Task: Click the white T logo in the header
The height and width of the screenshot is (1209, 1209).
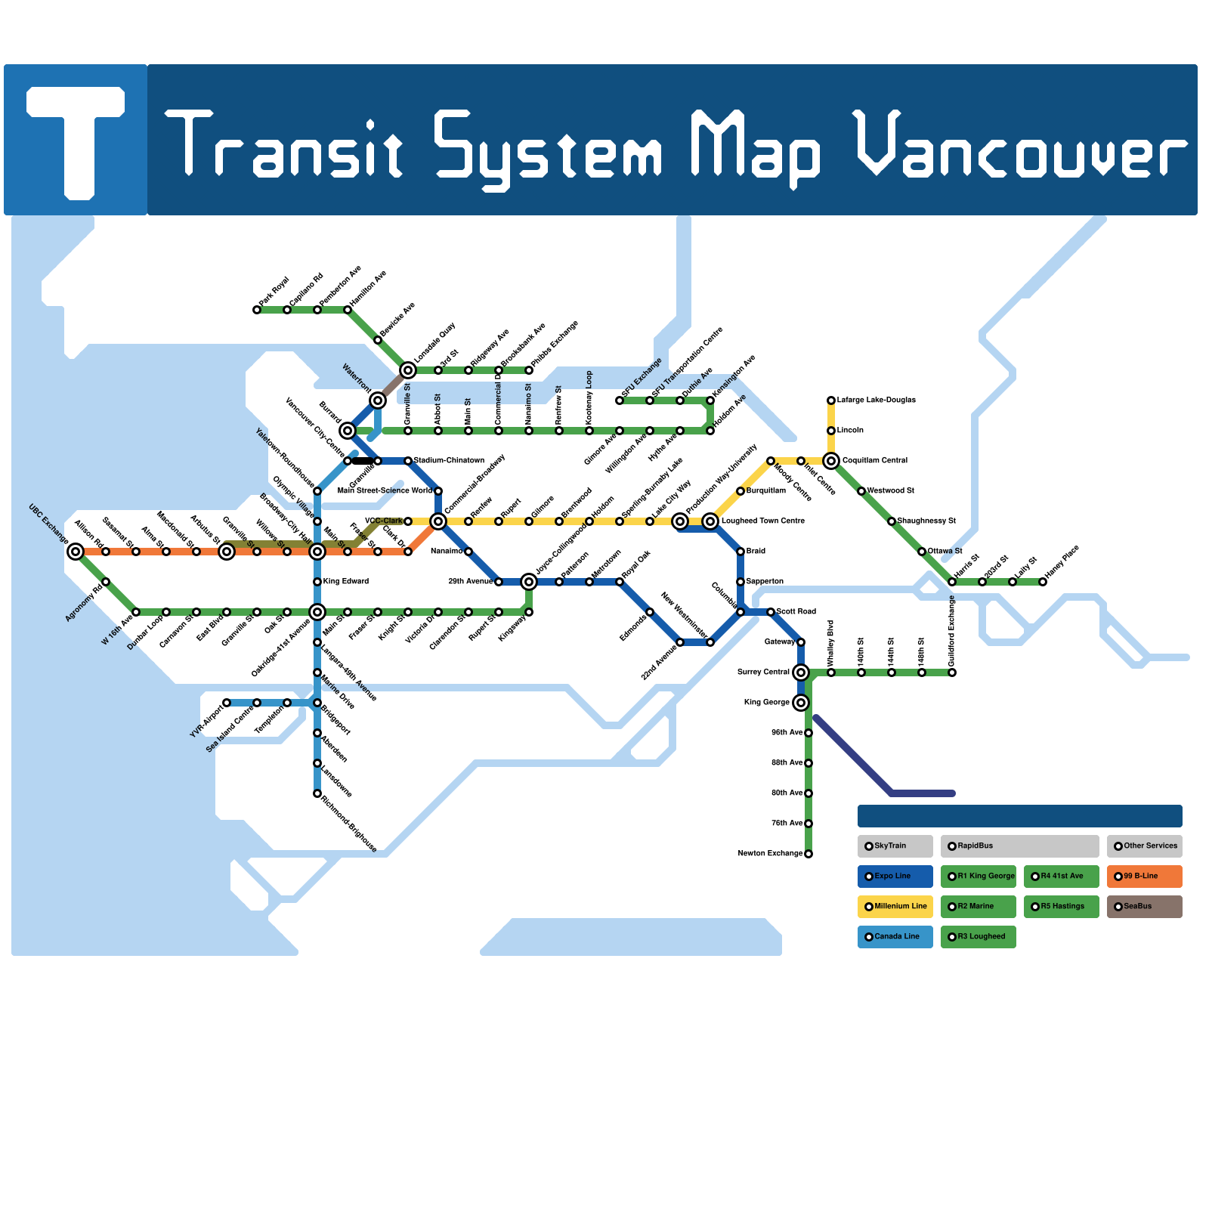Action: coord(76,140)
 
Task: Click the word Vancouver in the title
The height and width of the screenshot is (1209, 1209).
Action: coord(1020,147)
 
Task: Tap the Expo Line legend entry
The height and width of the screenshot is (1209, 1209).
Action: coord(895,877)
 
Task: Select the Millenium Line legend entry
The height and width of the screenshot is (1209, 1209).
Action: coord(895,907)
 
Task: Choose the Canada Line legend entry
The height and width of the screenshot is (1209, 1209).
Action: coord(895,937)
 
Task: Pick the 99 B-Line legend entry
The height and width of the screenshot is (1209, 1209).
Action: coord(1144,877)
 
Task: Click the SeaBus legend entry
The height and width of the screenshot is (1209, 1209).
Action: coord(1144,907)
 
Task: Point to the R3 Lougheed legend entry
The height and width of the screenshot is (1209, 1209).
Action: coord(978,937)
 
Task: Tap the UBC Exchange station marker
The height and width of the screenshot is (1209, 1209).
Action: coord(76,552)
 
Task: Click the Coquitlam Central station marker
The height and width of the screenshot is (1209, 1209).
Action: coord(831,461)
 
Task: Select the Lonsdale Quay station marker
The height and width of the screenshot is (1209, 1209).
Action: coord(408,370)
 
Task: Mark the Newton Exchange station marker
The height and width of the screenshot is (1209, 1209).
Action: coord(809,854)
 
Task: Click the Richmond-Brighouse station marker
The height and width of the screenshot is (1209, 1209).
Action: coord(317,793)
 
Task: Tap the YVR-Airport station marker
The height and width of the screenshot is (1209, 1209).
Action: coord(227,703)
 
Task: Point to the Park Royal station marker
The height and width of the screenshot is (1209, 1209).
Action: coord(257,310)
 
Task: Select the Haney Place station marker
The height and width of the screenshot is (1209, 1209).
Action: coord(1043,582)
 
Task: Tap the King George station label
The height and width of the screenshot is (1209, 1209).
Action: coord(766,703)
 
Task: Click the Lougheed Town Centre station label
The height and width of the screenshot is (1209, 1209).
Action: coord(762,521)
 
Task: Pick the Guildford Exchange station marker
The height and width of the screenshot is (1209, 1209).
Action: coord(952,673)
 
